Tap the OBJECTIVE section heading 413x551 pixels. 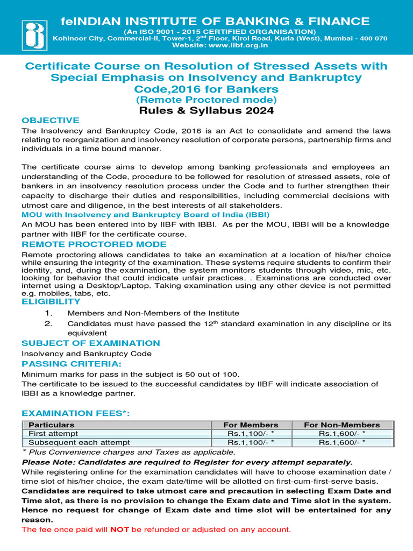(50, 120)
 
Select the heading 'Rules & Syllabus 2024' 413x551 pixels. (206, 111)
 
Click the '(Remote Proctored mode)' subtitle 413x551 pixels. (206, 100)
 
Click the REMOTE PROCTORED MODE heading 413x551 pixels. (94, 244)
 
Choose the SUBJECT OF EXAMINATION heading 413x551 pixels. (90, 343)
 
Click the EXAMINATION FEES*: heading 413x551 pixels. (76, 413)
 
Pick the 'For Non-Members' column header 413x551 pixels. (341, 425)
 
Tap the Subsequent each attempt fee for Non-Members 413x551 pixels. (341, 442)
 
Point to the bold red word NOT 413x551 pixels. (119, 529)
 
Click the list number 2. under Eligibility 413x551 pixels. (48, 323)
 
